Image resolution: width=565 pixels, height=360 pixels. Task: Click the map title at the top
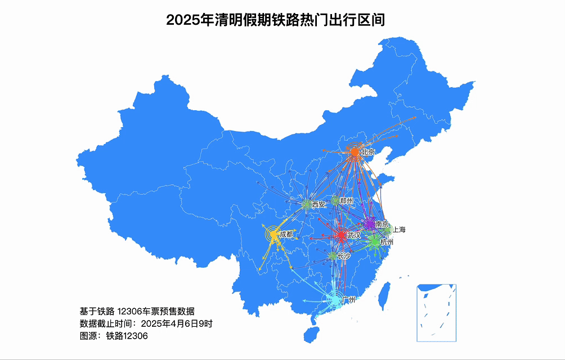click(275, 21)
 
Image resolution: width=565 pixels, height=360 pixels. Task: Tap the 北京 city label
click(368, 152)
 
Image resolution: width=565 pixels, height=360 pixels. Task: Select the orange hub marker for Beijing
click(355, 152)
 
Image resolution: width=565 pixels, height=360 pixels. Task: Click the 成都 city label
click(286, 234)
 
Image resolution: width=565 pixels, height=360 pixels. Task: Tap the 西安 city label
click(319, 204)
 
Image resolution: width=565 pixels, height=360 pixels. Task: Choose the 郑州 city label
click(347, 200)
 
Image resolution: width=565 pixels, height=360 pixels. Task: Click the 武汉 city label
click(354, 235)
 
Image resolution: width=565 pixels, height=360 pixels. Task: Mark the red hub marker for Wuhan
click(341, 235)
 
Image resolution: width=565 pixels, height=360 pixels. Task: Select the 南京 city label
click(382, 224)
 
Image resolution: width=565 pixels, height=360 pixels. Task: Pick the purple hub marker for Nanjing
click(370, 224)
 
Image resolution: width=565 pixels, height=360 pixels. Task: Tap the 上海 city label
click(399, 229)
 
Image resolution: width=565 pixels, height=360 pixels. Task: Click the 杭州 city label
click(387, 242)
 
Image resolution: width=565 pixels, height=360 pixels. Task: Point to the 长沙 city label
click(344, 256)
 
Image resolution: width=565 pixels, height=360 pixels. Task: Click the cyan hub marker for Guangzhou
click(335, 300)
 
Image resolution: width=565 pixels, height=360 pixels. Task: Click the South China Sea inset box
click(436, 313)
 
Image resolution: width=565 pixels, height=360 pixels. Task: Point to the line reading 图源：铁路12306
click(114, 336)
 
